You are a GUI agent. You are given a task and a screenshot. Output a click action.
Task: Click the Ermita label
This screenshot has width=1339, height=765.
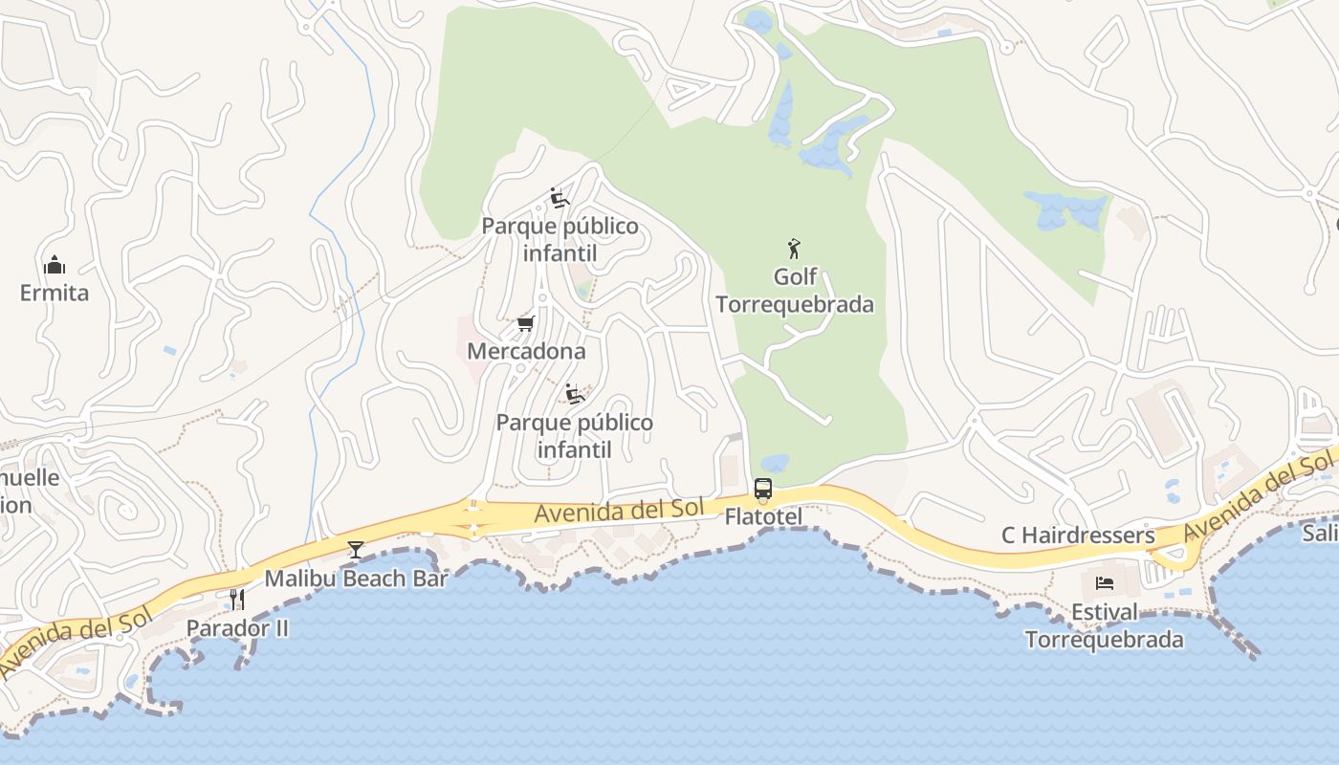55,293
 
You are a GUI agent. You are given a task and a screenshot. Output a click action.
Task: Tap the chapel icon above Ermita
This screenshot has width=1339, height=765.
55,265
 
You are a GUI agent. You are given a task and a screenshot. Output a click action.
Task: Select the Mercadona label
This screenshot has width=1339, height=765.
526,351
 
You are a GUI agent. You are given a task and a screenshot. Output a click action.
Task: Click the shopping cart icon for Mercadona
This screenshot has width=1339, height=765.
525,324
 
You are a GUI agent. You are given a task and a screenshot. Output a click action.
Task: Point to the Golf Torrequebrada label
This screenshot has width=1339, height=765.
795,291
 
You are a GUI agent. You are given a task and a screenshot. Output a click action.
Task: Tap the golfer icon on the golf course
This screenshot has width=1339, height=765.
794,250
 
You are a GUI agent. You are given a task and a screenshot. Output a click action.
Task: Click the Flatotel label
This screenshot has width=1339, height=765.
762,516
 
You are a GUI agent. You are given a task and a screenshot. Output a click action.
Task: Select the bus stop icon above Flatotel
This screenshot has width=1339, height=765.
762,490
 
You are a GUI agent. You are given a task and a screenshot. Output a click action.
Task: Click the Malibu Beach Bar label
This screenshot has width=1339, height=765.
356,578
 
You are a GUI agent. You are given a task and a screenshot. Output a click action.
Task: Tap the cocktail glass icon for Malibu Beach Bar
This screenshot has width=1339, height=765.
356,549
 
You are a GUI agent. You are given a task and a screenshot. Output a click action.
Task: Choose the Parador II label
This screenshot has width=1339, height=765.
237,628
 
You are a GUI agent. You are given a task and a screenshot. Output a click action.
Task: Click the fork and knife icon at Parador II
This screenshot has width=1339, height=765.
237,600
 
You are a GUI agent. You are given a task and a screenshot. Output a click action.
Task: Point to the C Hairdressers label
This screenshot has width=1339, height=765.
1078,535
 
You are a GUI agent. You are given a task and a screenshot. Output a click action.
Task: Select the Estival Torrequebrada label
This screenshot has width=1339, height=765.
1105,625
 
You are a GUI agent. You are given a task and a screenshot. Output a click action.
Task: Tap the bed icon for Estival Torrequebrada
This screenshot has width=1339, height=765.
1104,582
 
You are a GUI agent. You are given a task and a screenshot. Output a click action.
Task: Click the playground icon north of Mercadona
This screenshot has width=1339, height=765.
560,198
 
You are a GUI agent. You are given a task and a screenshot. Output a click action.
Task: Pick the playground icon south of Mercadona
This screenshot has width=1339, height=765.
575,394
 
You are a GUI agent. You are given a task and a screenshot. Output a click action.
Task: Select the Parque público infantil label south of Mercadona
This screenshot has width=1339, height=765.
575,436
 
